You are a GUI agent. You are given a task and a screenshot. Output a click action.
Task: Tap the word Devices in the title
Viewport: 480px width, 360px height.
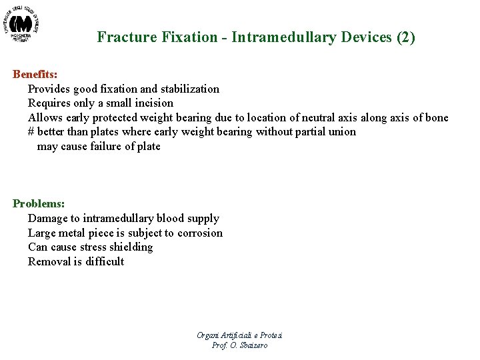point(367,37)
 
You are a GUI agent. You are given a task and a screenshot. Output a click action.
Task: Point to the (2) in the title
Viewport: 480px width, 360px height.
point(406,37)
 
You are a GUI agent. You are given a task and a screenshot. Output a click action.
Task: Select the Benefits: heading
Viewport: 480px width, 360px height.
point(35,74)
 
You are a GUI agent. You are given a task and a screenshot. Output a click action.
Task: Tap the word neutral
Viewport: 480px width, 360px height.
point(315,117)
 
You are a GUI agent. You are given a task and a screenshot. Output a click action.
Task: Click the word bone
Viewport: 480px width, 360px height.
point(436,117)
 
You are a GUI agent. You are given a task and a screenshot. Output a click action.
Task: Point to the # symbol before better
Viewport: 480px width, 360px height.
point(31,132)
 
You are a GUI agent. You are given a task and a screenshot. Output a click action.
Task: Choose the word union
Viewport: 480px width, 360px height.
point(342,132)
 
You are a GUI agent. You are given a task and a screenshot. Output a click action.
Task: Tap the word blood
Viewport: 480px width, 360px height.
point(170,218)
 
